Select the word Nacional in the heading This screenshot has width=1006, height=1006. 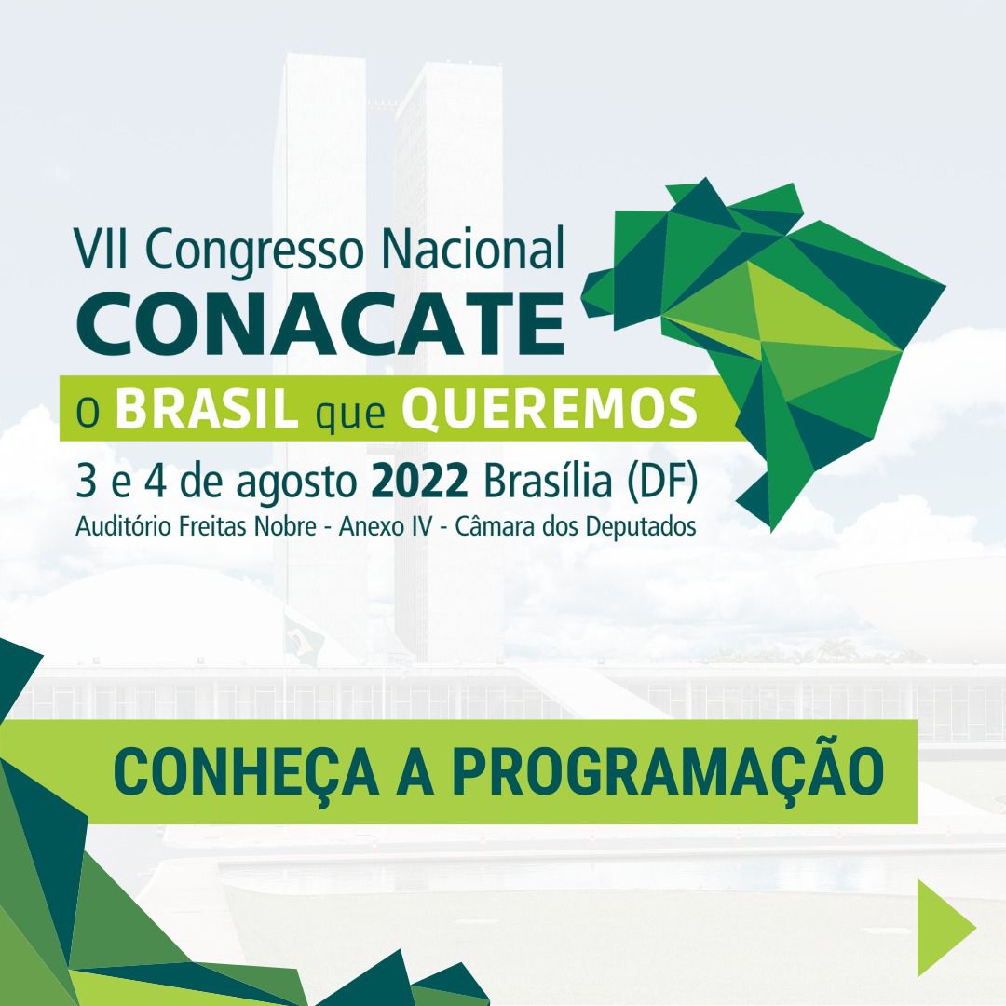click(x=473, y=248)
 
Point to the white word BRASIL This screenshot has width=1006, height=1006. click(x=207, y=408)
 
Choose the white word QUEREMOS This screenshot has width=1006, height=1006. click(x=550, y=409)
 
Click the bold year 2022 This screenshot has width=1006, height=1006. click(x=419, y=482)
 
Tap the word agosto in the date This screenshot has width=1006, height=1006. click(x=296, y=483)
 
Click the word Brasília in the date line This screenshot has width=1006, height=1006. click(x=548, y=481)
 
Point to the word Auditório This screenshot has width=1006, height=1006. click(x=123, y=526)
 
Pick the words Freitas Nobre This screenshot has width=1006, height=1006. click(x=248, y=526)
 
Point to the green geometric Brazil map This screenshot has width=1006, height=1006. click(x=764, y=354)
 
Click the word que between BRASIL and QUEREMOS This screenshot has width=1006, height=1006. click(x=350, y=414)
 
